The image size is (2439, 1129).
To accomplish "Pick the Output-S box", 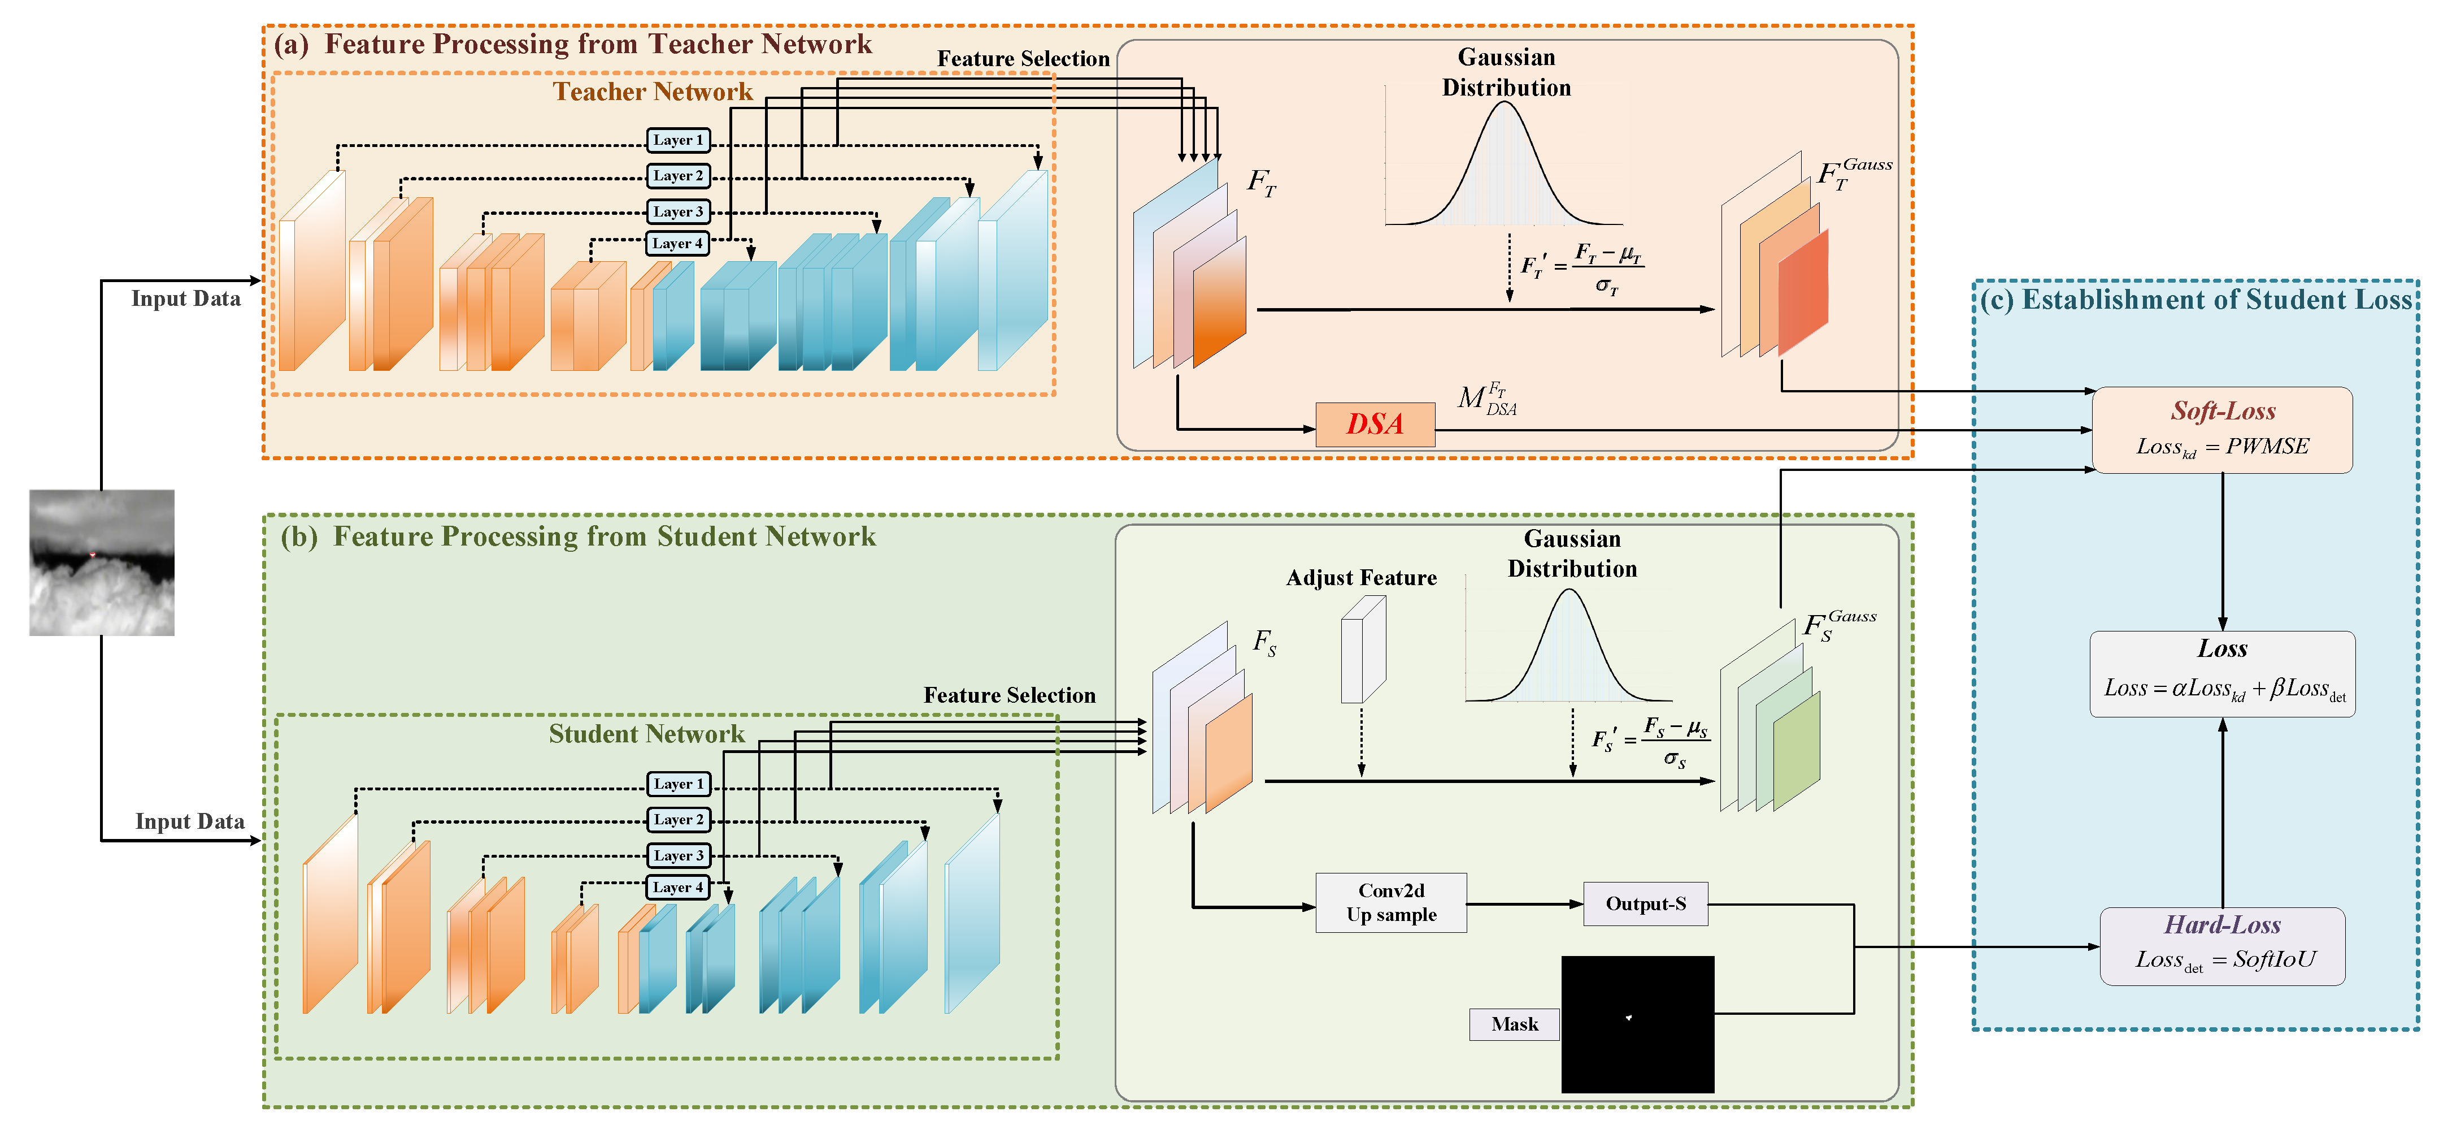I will click(1646, 903).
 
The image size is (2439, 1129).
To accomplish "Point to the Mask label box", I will click(1514, 1024).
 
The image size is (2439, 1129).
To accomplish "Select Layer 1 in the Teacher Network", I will click(678, 140).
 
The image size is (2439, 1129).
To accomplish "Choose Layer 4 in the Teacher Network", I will click(678, 244).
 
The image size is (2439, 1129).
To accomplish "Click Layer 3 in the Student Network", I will click(678, 855).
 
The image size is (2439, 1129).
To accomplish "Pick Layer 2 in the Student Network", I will click(678, 819).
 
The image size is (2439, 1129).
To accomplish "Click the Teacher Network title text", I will click(653, 92).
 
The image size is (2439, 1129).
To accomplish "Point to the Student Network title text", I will click(647, 734).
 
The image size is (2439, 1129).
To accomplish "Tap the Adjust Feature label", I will click(1360, 578).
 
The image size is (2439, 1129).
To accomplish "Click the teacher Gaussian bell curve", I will click(1505, 166).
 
